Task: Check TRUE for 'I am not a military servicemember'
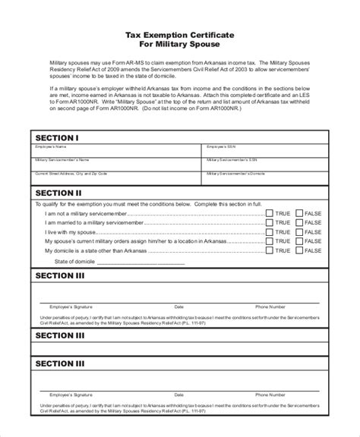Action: [x=269, y=214]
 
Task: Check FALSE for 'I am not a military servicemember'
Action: [x=299, y=214]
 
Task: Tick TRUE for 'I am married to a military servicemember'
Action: [x=269, y=223]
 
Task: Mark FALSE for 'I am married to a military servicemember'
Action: [x=299, y=223]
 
